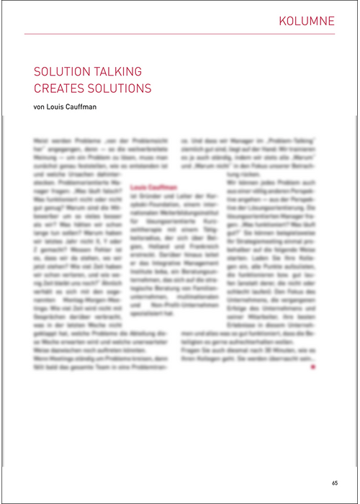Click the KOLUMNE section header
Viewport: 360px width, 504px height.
tap(307, 21)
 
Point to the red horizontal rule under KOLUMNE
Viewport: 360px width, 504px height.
tap(180, 34)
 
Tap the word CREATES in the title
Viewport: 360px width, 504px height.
tap(58, 89)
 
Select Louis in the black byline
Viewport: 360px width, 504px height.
tap(59, 108)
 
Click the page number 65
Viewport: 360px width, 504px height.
tap(335, 482)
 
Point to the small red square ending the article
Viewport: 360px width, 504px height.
tap(313, 367)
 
